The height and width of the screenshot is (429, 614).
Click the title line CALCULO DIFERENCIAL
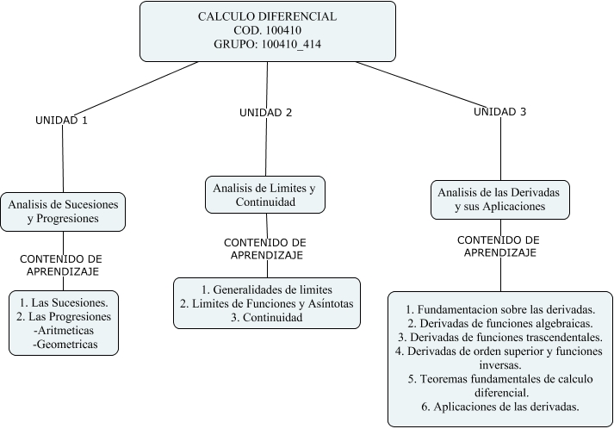[x=267, y=16]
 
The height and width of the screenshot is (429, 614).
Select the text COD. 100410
[x=267, y=31]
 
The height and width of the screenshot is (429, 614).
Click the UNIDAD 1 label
[x=61, y=121]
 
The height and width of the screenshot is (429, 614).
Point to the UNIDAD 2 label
[x=265, y=113]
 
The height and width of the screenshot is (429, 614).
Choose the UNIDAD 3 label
[x=500, y=112]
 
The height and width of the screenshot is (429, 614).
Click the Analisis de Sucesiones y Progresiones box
[x=63, y=211]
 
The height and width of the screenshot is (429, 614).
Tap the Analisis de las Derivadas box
[x=499, y=199]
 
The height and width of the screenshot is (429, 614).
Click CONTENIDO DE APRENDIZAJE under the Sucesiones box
[x=61, y=264]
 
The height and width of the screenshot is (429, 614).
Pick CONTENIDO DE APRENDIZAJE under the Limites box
[x=264, y=249]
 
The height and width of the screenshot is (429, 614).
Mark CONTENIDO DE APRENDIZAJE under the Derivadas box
[x=499, y=246]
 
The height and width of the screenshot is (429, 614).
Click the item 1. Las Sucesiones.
[x=62, y=302]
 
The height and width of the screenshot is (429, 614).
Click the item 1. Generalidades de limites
[x=266, y=289]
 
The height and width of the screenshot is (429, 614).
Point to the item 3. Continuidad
[x=266, y=317]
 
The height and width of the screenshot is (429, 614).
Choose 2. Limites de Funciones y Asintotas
[x=266, y=303]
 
